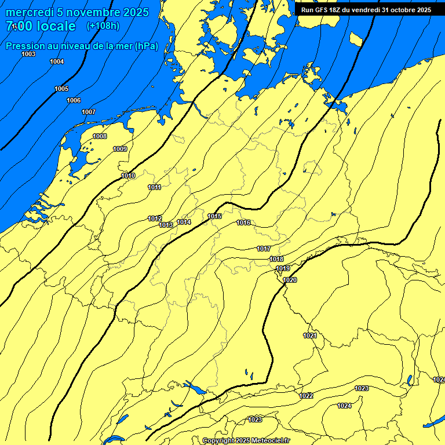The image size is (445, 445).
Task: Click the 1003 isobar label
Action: (28, 54)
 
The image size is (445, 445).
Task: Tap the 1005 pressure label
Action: (61, 89)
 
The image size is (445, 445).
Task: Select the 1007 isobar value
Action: (89, 112)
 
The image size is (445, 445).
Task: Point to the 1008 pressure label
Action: (100, 136)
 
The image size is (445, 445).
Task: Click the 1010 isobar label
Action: (128, 176)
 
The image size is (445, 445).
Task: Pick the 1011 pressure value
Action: (154, 187)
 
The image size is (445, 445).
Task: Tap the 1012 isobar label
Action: (155, 218)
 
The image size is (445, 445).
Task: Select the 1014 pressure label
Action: (184, 222)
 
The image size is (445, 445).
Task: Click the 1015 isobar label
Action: (214, 216)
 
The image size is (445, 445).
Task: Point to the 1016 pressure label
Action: (243, 222)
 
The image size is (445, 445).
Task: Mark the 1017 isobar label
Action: (264, 249)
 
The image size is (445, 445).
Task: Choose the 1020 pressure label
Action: (290, 280)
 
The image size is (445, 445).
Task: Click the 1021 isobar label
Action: (310, 335)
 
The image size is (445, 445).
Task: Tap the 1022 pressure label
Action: (307, 396)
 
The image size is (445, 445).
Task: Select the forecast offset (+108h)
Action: (103, 26)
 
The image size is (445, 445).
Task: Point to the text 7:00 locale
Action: (41, 26)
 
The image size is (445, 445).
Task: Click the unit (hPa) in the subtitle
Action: (146, 46)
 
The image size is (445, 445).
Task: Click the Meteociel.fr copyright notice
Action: (246, 441)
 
